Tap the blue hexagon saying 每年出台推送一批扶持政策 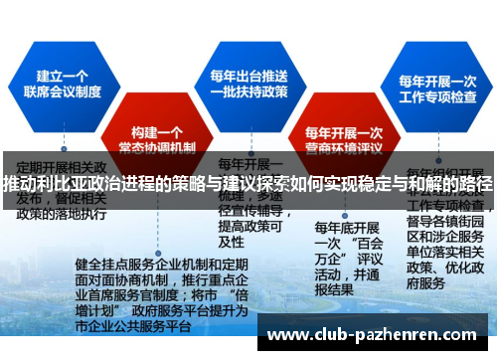[x=249, y=85]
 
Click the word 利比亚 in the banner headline [x=66, y=185]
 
